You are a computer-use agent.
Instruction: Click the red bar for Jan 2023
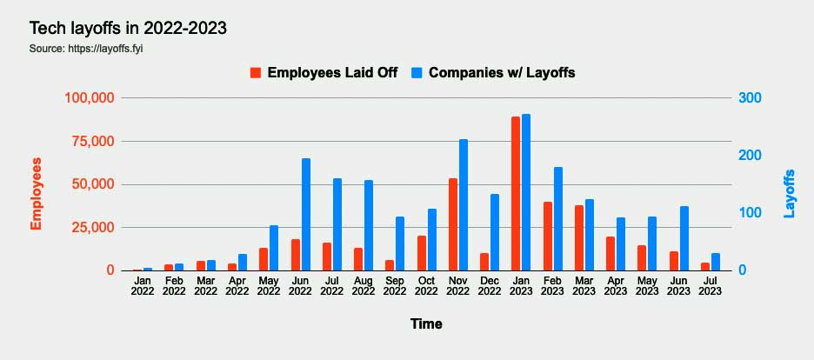click(x=516, y=193)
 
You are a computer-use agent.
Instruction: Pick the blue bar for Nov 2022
click(x=464, y=204)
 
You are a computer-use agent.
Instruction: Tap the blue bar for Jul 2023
click(x=716, y=262)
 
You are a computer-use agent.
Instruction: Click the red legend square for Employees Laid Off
click(x=256, y=73)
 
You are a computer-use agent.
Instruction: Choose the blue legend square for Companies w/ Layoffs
click(x=417, y=73)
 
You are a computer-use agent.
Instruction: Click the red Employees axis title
click(x=37, y=193)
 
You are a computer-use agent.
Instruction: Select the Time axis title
click(x=426, y=324)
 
